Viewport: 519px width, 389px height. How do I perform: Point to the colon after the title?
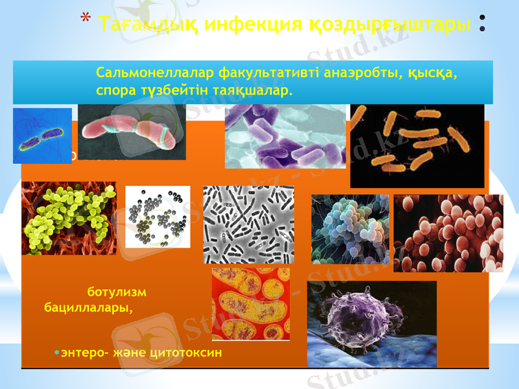(482, 24)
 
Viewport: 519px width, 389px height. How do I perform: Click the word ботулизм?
(116, 292)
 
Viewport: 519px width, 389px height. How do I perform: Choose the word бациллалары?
(88, 308)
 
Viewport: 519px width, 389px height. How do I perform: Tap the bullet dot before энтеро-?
(56, 352)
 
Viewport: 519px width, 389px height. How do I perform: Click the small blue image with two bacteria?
(42, 136)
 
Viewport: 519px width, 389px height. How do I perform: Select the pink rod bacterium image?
(132, 132)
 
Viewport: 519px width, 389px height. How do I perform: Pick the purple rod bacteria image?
(285, 136)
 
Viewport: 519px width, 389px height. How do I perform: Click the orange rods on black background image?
(416, 146)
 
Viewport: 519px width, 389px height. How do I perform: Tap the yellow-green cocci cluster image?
(69, 218)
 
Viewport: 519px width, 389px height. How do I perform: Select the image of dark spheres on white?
(158, 217)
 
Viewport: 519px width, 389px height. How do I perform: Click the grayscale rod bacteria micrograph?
(248, 224)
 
